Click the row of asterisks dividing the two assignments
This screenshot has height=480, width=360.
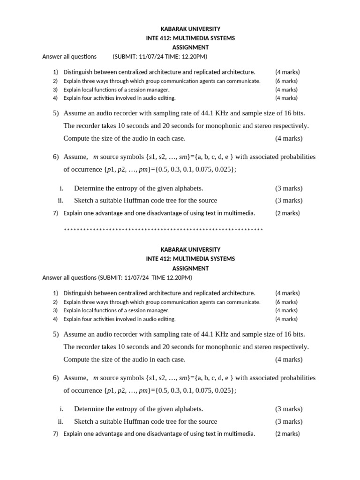coord(163,230)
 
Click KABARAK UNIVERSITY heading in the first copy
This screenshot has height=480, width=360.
coord(190,29)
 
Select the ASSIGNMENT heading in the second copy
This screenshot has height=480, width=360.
coord(190,269)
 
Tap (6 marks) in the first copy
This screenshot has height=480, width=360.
coord(286,81)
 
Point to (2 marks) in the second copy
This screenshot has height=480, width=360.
coord(287,434)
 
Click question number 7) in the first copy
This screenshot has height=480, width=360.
coord(55,213)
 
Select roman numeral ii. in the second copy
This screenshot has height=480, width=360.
coord(60,421)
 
